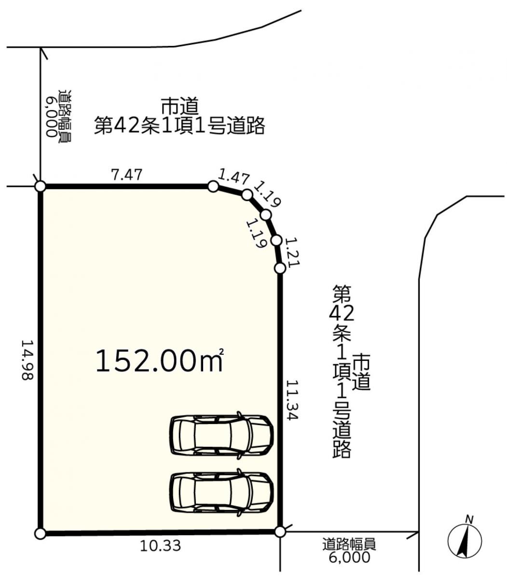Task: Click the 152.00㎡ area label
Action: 160,360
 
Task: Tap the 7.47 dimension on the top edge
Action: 126,175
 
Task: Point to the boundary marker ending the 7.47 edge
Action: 213,187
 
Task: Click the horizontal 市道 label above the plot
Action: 179,105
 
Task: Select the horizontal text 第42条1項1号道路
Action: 179,125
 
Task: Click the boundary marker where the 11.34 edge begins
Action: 280,268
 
